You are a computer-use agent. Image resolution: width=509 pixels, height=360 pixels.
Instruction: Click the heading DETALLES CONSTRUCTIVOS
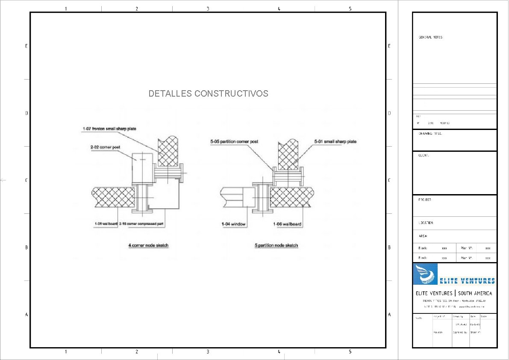(x=208, y=94)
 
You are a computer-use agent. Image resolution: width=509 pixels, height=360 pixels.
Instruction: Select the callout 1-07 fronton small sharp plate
(x=109, y=129)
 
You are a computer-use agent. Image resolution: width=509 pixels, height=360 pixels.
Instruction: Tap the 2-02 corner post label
(x=105, y=148)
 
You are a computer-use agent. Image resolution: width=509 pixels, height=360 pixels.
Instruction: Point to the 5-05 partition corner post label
(x=234, y=142)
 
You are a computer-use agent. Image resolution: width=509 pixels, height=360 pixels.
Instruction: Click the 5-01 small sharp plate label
(x=335, y=142)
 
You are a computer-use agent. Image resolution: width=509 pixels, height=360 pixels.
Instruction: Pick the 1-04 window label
(x=233, y=224)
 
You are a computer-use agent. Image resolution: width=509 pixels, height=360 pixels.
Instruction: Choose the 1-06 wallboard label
(x=287, y=224)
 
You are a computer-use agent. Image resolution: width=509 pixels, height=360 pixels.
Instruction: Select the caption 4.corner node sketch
(x=148, y=245)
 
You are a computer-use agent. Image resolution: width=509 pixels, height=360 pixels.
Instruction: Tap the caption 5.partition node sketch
(x=276, y=245)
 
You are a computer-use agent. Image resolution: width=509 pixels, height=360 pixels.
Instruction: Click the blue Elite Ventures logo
(x=454, y=274)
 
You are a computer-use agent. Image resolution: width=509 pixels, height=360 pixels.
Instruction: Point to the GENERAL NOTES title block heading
(x=430, y=38)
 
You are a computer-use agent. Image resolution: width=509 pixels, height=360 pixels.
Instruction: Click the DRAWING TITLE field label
(x=430, y=134)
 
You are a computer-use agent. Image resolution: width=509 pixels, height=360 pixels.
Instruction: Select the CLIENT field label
(x=424, y=156)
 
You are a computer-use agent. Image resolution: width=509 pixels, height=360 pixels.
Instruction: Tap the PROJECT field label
(x=425, y=200)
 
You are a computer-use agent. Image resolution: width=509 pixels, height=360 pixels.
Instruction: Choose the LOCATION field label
(x=426, y=223)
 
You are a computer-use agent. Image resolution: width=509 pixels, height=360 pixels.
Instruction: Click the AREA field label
(x=423, y=236)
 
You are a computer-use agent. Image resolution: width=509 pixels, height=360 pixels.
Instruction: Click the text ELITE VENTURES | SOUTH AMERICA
(x=454, y=293)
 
